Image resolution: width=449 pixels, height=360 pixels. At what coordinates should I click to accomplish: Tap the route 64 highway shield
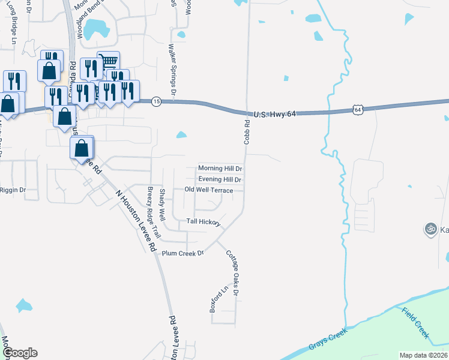click(x=358, y=109)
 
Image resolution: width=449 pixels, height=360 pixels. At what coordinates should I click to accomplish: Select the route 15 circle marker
click(x=156, y=102)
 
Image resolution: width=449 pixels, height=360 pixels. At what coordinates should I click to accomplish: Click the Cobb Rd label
click(x=247, y=130)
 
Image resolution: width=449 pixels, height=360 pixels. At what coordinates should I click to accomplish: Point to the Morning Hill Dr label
click(x=220, y=169)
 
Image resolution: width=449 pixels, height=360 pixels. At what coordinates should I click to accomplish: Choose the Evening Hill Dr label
click(x=220, y=179)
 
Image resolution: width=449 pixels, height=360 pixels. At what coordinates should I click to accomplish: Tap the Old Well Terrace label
click(x=208, y=190)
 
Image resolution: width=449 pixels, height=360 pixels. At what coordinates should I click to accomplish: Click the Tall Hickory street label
click(x=202, y=221)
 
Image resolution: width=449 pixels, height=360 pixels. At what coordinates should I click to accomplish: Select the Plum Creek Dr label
click(x=183, y=253)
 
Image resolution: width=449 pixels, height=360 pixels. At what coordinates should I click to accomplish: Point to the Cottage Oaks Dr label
click(x=232, y=273)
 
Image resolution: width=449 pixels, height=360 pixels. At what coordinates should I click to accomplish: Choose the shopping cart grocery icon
click(x=108, y=61)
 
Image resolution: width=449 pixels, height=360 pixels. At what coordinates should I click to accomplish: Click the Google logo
click(x=19, y=353)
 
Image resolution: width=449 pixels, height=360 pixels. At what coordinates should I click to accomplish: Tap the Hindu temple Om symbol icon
click(x=430, y=229)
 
